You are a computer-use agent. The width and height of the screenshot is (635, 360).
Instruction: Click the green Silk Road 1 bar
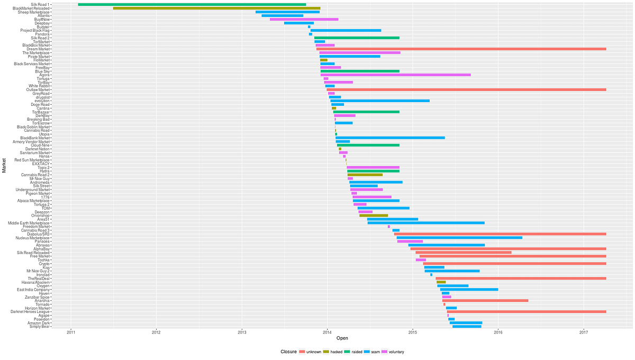[x=192, y=4]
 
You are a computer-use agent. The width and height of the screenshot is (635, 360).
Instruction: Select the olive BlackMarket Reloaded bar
[x=216, y=8]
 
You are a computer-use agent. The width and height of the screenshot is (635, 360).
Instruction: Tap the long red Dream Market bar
[x=461, y=49]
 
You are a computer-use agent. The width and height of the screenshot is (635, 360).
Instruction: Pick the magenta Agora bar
[x=395, y=75]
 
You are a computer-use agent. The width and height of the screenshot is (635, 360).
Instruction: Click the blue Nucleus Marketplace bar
[x=459, y=238]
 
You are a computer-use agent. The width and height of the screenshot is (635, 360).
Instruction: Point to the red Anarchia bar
[x=485, y=300]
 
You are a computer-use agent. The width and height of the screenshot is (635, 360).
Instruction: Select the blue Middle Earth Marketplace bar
[x=426, y=223]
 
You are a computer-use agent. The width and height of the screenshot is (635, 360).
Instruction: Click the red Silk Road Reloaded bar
[x=464, y=253]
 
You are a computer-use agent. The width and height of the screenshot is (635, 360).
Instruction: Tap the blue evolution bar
[x=380, y=101]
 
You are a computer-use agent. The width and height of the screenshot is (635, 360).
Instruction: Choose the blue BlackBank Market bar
[x=390, y=138]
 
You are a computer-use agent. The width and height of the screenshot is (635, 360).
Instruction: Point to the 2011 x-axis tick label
[x=71, y=332]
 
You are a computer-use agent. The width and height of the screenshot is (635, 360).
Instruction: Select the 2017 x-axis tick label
[x=584, y=332]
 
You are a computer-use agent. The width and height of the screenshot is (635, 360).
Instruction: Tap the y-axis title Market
[x=4, y=166]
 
